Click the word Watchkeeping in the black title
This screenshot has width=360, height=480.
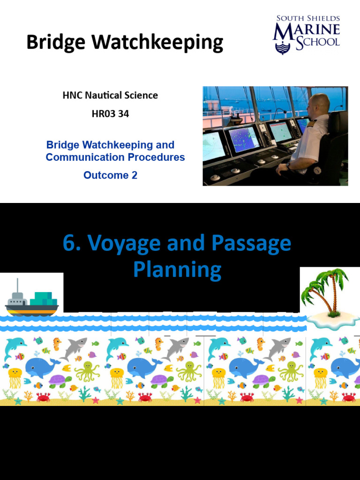pyautogui.click(x=157, y=43)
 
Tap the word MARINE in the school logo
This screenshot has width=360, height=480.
pyautogui.click(x=307, y=30)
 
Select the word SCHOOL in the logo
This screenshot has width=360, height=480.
pyautogui.click(x=317, y=42)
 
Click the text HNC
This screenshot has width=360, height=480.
pyautogui.click(x=72, y=96)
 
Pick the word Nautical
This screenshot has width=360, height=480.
pyautogui.click(x=103, y=96)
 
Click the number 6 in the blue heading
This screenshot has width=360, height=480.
pyautogui.click(x=69, y=244)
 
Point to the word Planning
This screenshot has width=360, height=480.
pyautogui.click(x=177, y=270)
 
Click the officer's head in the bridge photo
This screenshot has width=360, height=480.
pyautogui.click(x=319, y=106)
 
